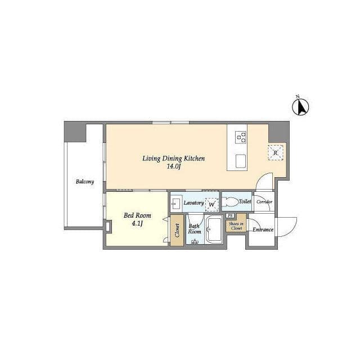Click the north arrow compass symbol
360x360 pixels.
coord(300,107)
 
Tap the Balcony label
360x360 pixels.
coord(85,182)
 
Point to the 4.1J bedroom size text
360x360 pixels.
coord(137,223)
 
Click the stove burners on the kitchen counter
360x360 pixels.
coord(241,137)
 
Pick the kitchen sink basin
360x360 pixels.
coord(241,161)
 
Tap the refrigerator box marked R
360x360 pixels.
coord(276,152)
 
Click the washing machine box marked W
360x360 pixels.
coord(211,204)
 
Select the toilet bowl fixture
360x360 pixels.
coord(230,202)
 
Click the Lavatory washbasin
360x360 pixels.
coord(176,203)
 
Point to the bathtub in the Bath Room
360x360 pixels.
coord(214,230)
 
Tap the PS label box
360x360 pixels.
coord(230,216)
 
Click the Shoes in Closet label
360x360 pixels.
coord(236,226)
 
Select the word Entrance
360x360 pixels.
coord(263,229)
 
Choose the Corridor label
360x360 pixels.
coord(264,202)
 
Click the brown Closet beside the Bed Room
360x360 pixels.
coord(177,231)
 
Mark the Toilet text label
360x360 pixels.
coord(245,201)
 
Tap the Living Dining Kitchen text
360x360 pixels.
coord(174,159)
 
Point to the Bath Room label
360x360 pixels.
coord(195,229)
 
